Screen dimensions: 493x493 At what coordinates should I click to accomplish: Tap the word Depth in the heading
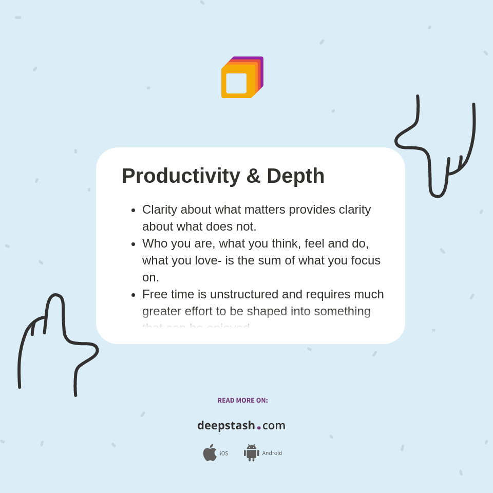click(295, 176)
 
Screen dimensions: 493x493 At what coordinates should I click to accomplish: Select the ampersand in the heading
click(253, 176)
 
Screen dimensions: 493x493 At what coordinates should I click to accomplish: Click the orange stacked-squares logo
click(242, 78)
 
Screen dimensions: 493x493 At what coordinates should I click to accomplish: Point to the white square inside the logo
click(236, 83)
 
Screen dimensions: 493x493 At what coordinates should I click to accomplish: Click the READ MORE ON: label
click(242, 401)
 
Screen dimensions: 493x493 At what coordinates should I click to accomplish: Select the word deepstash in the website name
click(226, 426)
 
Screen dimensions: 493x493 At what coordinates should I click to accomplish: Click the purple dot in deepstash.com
click(259, 428)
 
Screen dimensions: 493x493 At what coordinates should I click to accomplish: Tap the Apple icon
click(210, 453)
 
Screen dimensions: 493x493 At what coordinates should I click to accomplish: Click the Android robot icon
click(251, 453)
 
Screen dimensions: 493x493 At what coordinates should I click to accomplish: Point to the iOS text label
click(224, 453)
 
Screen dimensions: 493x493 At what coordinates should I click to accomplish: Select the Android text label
click(272, 453)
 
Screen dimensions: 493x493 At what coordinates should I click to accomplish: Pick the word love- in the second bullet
click(208, 260)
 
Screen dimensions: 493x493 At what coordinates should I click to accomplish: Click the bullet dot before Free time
click(134, 295)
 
